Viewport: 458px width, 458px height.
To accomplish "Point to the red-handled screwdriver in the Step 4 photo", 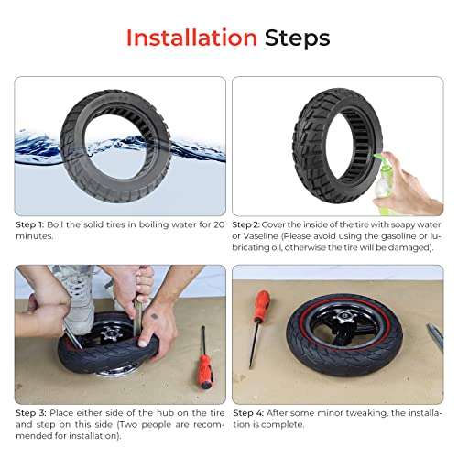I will point(262,311).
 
